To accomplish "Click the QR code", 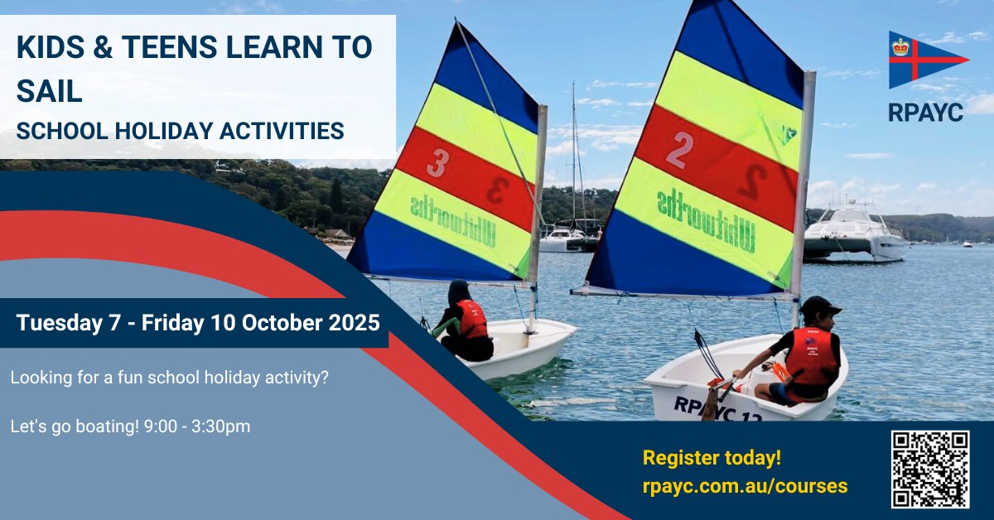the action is point(930,469).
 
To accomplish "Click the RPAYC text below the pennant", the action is point(926,113).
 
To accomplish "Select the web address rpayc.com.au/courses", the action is point(745,486).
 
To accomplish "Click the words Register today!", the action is point(712,457).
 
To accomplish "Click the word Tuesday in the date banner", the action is point(60,324).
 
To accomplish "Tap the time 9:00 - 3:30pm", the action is point(197,426).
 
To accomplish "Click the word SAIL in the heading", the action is point(49,91).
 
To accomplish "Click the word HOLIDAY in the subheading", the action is point(164,131).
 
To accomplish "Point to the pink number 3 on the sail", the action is point(437,163).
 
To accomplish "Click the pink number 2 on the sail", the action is point(679,150).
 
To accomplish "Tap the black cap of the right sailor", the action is point(820,306).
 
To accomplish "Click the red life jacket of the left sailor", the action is point(471,320).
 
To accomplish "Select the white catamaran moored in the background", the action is point(854,234).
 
